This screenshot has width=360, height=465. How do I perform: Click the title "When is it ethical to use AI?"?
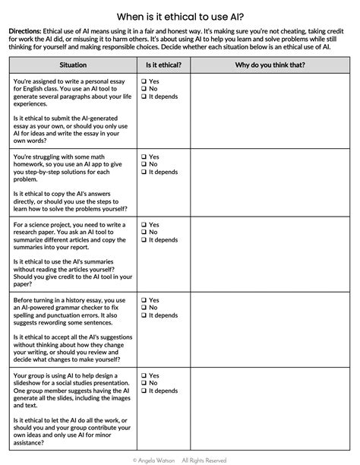(179, 16)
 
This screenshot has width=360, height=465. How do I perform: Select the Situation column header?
(72, 65)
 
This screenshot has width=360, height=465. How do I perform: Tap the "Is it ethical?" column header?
(163, 65)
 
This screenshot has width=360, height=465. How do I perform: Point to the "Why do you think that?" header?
(270, 65)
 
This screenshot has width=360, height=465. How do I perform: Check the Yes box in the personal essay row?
(144, 81)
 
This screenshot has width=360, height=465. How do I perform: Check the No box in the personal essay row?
(144, 89)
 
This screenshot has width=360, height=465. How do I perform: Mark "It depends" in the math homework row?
(144, 172)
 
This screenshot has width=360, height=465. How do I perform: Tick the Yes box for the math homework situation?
(144, 157)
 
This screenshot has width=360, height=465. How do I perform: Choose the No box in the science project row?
(144, 232)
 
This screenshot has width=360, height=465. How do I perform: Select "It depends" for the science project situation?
(144, 240)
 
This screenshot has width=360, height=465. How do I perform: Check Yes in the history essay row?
(144, 300)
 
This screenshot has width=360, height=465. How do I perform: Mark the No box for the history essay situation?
(144, 308)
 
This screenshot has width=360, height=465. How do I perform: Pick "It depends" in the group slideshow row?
(144, 391)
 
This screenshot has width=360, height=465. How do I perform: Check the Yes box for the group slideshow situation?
(144, 375)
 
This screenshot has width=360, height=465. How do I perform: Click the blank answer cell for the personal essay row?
(270, 111)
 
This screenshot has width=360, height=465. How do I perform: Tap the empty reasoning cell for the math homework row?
(270, 183)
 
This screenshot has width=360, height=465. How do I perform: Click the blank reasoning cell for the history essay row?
(270, 331)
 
